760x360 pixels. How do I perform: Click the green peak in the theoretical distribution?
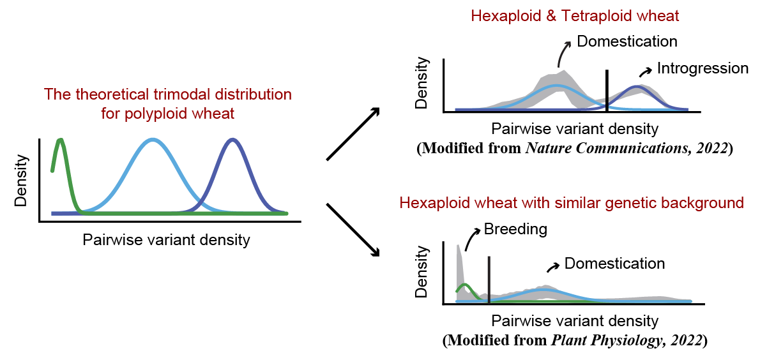click(61, 141)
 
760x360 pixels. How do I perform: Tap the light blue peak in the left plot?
click(152, 140)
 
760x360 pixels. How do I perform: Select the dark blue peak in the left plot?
click(233, 140)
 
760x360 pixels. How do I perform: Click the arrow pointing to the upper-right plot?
click(353, 133)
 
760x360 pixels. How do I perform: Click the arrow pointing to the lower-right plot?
click(353, 230)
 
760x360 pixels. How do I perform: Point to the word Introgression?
click(703, 68)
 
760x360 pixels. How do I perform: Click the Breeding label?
click(515, 229)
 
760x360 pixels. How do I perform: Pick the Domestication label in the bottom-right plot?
click(614, 263)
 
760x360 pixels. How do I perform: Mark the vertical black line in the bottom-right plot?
click(489, 280)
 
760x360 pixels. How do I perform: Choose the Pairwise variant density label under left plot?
click(166, 240)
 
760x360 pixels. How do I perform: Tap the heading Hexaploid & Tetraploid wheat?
click(574, 15)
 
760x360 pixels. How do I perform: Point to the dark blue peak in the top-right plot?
click(636, 87)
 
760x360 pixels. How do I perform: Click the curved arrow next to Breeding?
click(471, 240)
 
